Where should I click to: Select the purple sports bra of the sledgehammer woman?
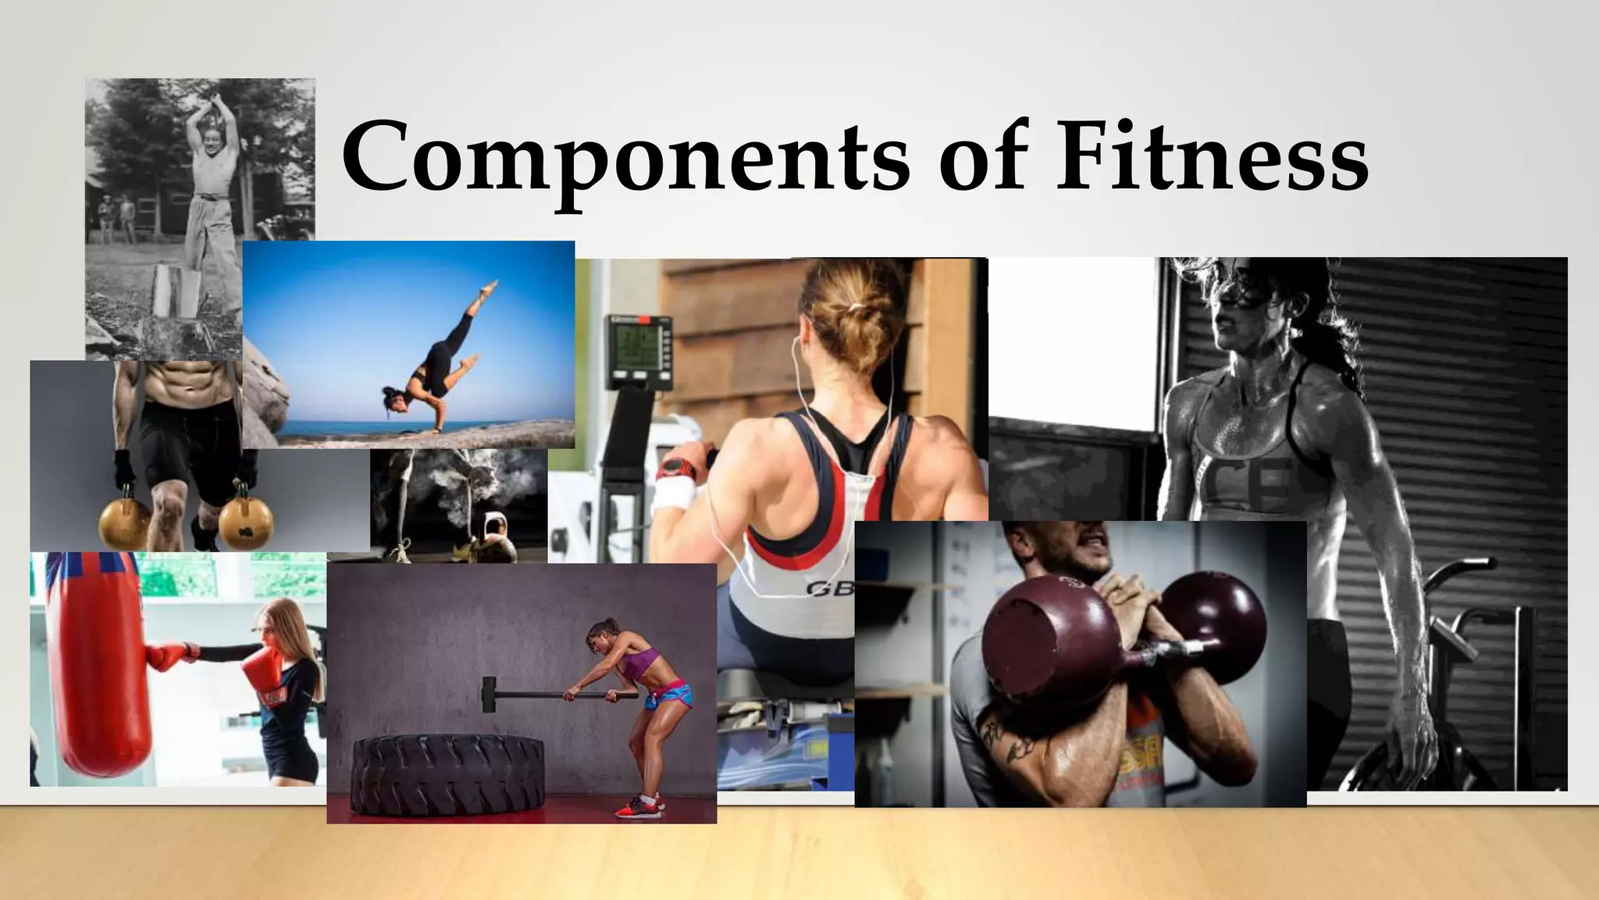pos(637,664)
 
